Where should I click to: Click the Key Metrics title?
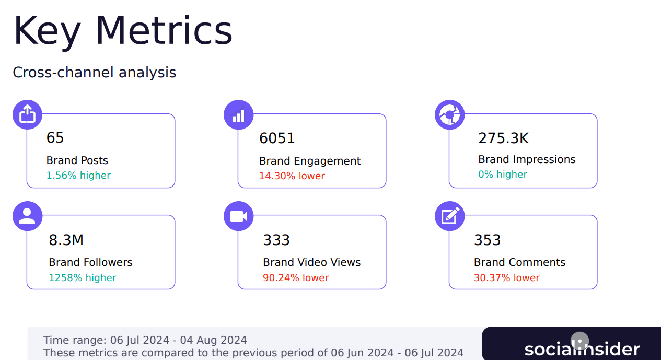point(123,31)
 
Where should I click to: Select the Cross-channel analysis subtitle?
point(94,72)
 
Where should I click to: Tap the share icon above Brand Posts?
point(27,114)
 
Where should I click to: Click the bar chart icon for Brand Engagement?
point(238,114)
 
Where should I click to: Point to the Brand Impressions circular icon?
point(449,114)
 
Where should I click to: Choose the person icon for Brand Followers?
point(27,216)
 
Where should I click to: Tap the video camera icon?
point(238,216)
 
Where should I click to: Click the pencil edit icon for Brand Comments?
point(449,216)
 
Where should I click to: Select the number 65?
point(55,138)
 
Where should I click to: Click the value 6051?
point(277,138)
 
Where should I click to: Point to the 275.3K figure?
point(503,138)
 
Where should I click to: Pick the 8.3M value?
point(66,240)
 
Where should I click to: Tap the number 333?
point(276,240)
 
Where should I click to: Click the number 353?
point(487,240)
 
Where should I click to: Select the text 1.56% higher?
point(78,176)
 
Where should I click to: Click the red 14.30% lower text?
point(292,176)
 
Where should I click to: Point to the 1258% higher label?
point(83,278)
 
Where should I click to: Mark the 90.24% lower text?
point(296,278)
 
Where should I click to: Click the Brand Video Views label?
point(311,262)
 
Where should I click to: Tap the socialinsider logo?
point(582,349)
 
